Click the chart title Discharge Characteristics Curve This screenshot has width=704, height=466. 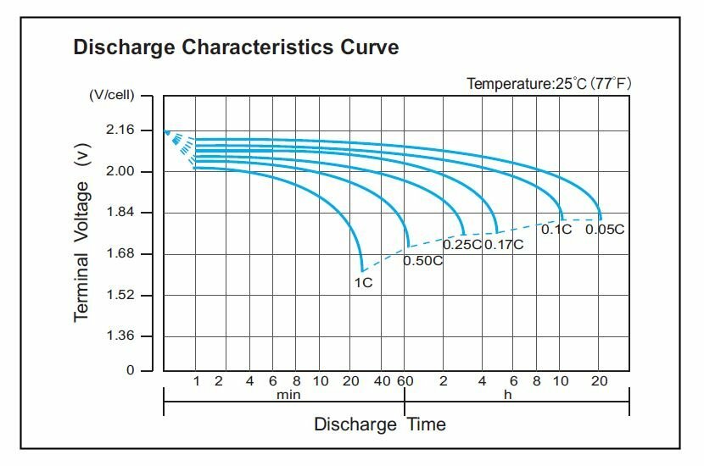(x=236, y=47)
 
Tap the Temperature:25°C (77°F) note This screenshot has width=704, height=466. (x=550, y=84)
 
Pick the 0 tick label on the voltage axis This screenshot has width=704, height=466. (x=130, y=370)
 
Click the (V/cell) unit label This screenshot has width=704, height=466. (x=113, y=96)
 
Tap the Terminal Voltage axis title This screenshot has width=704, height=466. (x=82, y=239)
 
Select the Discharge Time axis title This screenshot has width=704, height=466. (x=379, y=424)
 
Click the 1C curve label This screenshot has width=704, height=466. (x=363, y=282)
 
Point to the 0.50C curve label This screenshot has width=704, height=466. (x=422, y=260)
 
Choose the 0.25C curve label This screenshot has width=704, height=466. (x=462, y=245)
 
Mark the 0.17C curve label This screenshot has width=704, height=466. (x=504, y=245)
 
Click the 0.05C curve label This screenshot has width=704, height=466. (x=605, y=230)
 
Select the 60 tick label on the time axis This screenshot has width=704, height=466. (x=405, y=381)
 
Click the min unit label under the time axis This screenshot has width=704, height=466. (x=288, y=394)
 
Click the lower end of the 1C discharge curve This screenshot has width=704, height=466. (x=362, y=269)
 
